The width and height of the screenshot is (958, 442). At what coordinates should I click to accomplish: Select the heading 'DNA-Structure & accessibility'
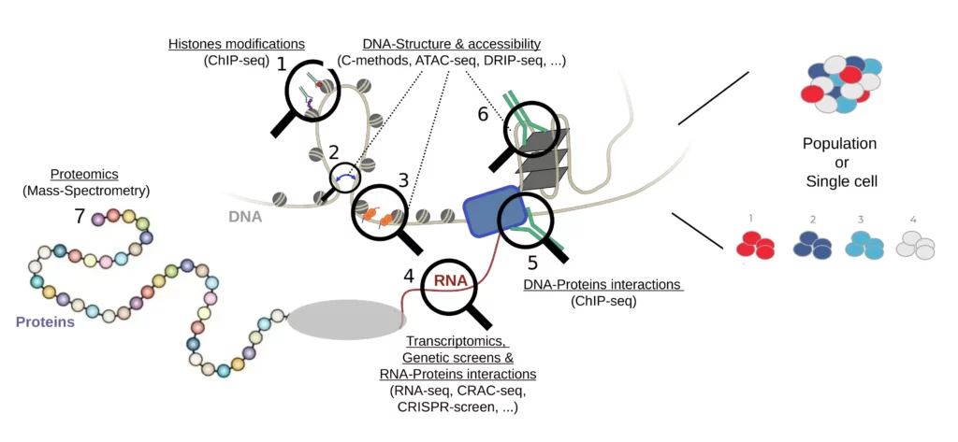[x=451, y=44]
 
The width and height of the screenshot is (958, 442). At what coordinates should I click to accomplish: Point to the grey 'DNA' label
[x=245, y=217]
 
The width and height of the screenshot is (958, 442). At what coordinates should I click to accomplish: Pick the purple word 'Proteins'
[x=45, y=322]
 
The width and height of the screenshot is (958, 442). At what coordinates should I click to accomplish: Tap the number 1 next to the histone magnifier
[x=281, y=64]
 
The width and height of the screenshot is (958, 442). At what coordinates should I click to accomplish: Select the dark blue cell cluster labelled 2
[x=813, y=245]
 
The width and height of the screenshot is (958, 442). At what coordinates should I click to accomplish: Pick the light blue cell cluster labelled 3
[x=865, y=245]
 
